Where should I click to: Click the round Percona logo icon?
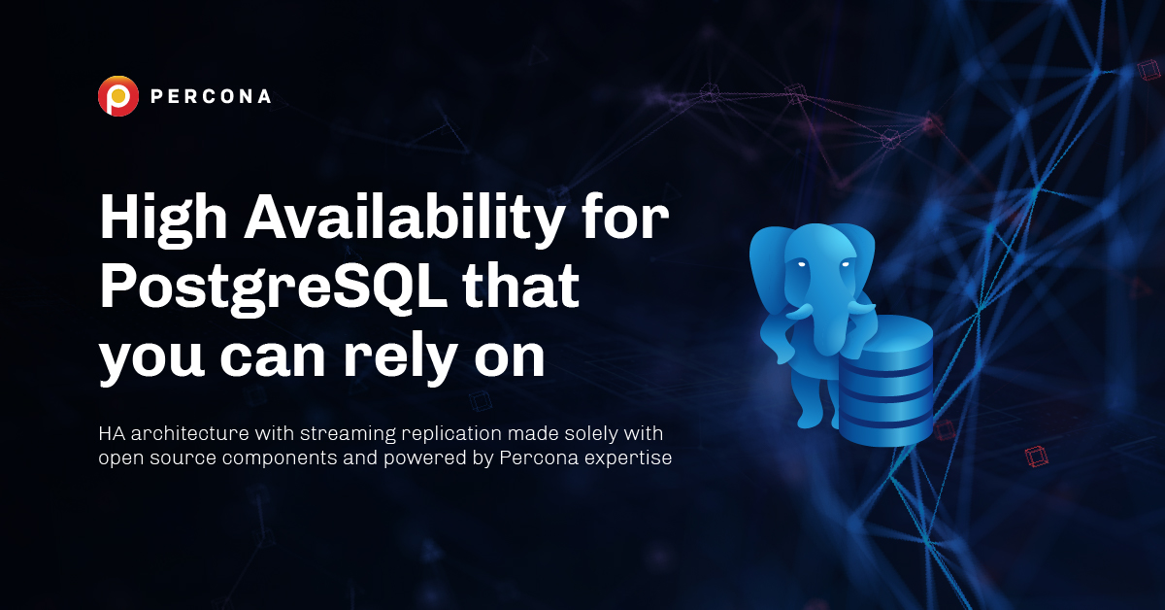(118, 96)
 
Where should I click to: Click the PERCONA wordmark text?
(211, 96)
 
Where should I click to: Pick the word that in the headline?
(520, 286)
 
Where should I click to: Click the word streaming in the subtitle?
(348, 434)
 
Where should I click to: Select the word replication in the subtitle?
(452, 434)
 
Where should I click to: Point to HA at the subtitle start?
(112, 433)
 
